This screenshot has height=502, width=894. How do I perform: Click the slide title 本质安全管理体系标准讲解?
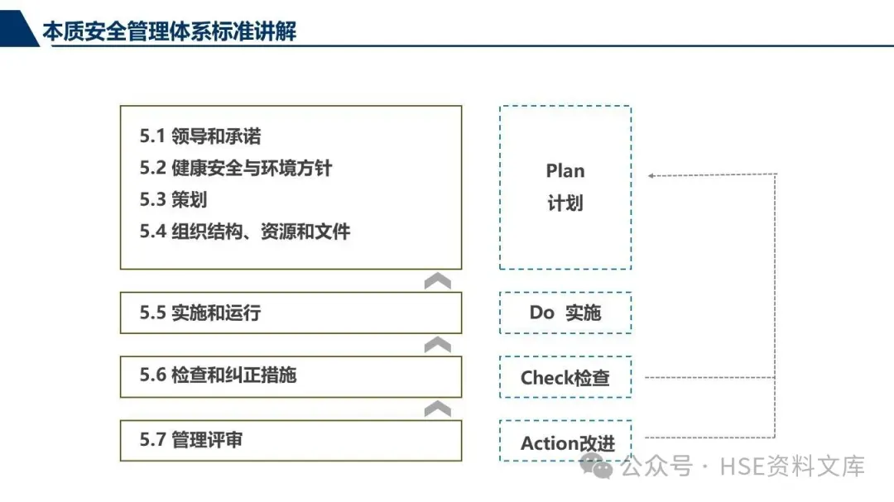pos(169,32)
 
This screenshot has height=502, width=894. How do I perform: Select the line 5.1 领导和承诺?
pos(200,136)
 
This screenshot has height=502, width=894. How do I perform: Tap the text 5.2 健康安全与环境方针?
pos(235,168)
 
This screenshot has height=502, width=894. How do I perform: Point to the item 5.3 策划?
pos(173,199)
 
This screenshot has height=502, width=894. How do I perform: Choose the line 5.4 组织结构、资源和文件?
pos(244,231)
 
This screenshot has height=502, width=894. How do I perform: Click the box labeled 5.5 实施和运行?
pos(291,313)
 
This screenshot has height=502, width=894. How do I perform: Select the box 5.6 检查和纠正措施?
pos(291,375)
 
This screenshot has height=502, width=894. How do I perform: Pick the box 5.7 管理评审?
pos(291,440)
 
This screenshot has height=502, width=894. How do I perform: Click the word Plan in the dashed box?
pos(565,171)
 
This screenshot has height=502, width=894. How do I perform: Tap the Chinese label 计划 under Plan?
pos(565,203)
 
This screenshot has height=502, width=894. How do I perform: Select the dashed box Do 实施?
pos(565,313)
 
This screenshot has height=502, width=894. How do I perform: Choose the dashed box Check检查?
pos(565,377)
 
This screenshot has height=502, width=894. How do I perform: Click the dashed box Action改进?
pos(565,442)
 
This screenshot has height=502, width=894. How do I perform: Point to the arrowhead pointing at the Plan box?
pos(652,175)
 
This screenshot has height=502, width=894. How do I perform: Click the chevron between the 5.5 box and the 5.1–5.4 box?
pos(437,281)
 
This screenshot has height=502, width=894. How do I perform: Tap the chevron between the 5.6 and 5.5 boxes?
pos(437,344)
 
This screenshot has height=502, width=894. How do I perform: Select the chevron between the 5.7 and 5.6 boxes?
pos(437,409)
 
